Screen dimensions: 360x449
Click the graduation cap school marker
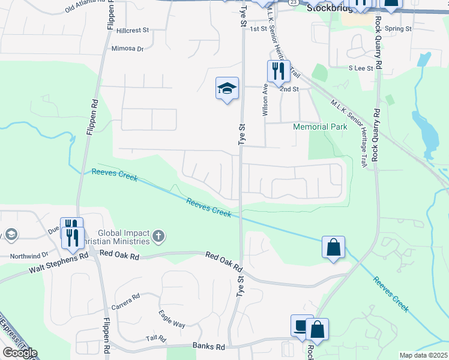[x=227, y=89]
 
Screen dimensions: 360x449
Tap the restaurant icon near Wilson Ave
[x=279, y=71]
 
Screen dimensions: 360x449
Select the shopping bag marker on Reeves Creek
[x=333, y=247]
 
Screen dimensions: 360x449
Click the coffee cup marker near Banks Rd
[x=301, y=326]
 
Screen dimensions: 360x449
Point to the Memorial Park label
[x=320, y=127]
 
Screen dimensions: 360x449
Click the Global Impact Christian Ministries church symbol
[x=158, y=235]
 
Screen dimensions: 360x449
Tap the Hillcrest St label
[x=133, y=29]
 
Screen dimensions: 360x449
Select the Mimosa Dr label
[x=128, y=49]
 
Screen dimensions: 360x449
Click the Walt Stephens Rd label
[x=58, y=263]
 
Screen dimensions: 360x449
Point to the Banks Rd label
[x=208, y=346]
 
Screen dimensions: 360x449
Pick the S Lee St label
[x=361, y=68]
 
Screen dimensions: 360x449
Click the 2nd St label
[x=289, y=89]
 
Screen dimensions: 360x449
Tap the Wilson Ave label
[x=264, y=99]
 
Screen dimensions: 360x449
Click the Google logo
[x=20, y=353]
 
